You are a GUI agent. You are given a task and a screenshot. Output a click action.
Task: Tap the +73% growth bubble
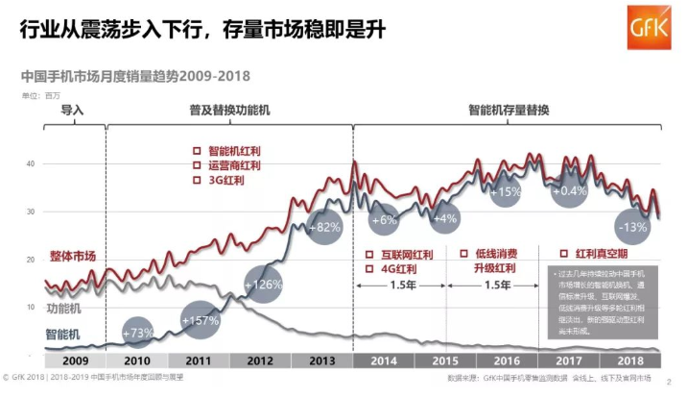coord(139,333)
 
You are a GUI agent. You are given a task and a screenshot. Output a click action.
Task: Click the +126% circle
coord(263,285)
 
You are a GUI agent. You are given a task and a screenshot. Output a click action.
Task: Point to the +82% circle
coord(325,227)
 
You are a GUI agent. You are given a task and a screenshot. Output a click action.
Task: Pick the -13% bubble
coord(632,227)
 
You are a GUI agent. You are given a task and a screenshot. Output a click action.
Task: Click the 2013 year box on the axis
coord(322,360)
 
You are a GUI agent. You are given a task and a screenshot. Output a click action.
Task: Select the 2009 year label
coord(74,360)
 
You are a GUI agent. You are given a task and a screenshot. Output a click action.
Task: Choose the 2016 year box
coord(508,360)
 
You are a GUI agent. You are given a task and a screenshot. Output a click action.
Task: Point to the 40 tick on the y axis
coord(31,164)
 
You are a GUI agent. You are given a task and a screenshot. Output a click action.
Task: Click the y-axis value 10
coord(31,307)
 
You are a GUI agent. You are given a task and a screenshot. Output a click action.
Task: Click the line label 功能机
coord(63,309)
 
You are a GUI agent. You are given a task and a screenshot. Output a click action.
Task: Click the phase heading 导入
coord(73,110)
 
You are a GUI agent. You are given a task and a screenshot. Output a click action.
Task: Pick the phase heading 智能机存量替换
coord(509,110)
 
